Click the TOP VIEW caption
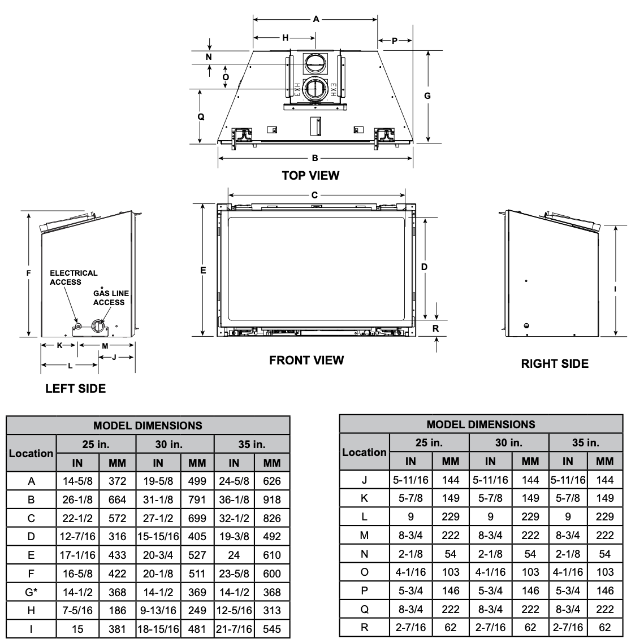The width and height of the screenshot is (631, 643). click(x=310, y=176)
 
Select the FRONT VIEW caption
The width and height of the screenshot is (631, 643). click(x=306, y=360)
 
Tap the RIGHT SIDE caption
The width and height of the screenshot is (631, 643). click(x=555, y=364)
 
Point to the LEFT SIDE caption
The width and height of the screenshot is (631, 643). click(x=76, y=388)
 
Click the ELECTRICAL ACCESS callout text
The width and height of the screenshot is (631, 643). click(x=74, y=277)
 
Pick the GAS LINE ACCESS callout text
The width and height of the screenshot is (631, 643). click(x=111, y=298)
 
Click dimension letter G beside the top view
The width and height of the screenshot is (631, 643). click(x=427, y=96)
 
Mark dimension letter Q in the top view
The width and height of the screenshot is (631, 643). click(x=201, y=117)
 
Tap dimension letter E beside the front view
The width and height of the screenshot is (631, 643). click(x=203, y=270)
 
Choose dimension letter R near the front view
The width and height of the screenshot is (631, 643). click(x=436, y=328)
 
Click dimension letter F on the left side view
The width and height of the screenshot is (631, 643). click(x=28, y=273)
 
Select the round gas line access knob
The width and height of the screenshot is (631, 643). click(x=98, y=326)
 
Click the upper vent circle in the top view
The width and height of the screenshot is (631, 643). click(x=315, y=64)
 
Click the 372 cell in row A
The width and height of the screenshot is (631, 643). click(x=118, y=481)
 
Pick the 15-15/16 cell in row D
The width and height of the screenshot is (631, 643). click(x=158, y=536)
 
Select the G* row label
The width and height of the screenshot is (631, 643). click(x=31, y=592)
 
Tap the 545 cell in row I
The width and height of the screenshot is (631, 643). click(x=272, y=629)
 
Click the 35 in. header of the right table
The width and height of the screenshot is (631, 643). click(x=585, y=443)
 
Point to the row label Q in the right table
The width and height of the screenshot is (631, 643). click(x=364, y=609)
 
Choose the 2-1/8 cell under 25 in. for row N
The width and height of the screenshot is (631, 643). click(x=410, y=554)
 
